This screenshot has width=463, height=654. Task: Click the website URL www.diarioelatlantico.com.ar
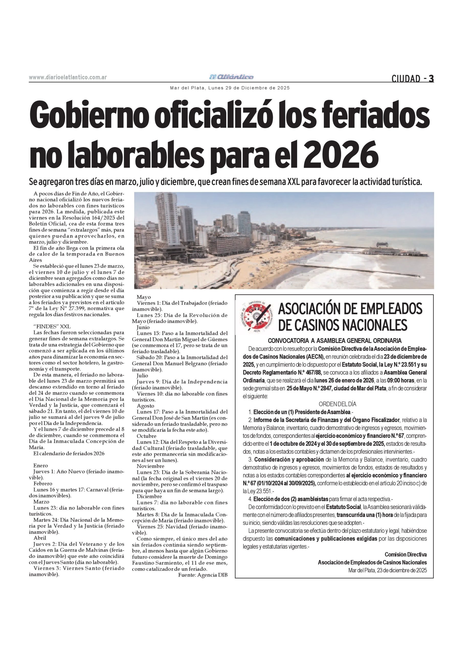(68, 77)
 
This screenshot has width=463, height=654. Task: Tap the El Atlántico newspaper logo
(231, 77)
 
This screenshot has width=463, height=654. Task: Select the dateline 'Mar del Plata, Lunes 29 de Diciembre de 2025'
(230, 88)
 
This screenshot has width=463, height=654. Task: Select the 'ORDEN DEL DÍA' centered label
(337, 404)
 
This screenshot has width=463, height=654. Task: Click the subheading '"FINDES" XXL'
(52, 326)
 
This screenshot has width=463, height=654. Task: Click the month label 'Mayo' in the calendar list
(144, 297)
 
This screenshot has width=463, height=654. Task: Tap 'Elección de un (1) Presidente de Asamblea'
(302, 412)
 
